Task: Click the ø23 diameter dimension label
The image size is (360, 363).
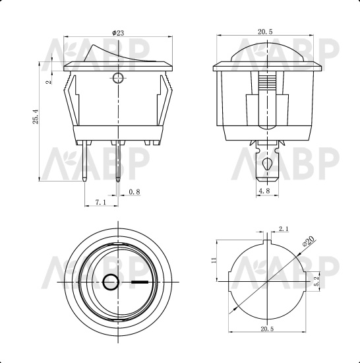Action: pos(118,33)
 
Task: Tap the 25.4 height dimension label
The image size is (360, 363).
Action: pos(36,117)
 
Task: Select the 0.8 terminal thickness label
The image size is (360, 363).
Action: pos(135,191)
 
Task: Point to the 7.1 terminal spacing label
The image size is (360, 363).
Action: pos(101,203)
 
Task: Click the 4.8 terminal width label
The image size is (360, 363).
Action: pos(264,191)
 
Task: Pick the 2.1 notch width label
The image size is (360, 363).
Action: pos(284,229)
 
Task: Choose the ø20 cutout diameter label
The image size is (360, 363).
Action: pos(309,241)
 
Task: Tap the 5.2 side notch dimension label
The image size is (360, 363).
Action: pos(316,281)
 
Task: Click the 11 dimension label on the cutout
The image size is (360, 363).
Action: pos(214,260)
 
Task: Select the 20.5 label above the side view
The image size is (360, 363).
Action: pos(265,32)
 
